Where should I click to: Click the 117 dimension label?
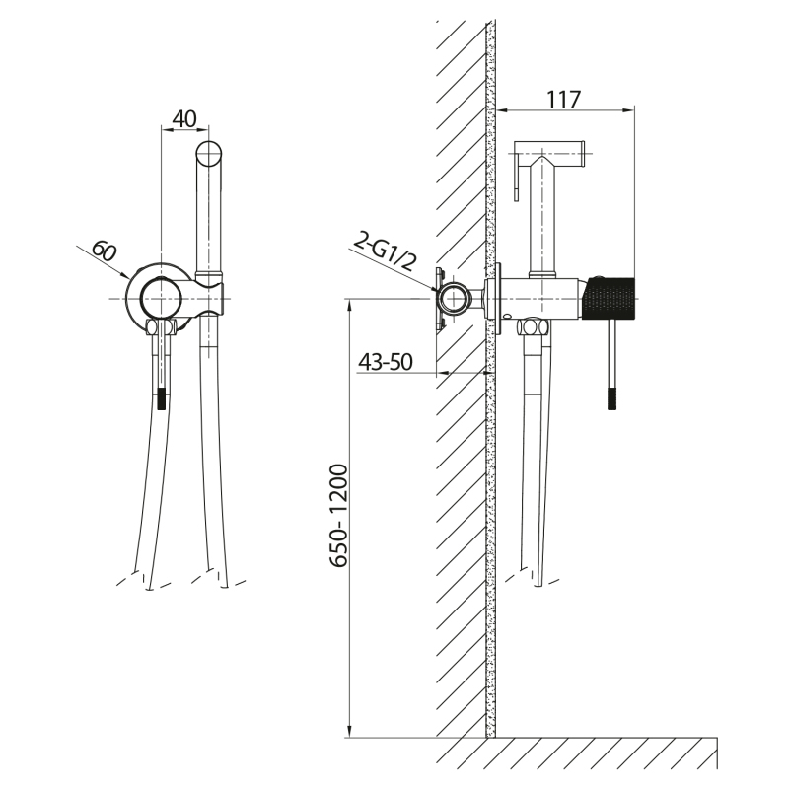(563, 100)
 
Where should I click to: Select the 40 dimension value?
(183, 119)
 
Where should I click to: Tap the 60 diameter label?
(105, 252)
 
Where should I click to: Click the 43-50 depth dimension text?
(386, 362)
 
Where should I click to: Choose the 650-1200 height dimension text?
(338, 516)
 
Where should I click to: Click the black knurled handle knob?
(609, 298)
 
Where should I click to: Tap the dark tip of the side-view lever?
(611, 398)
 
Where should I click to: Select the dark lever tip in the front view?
(161, 398)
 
